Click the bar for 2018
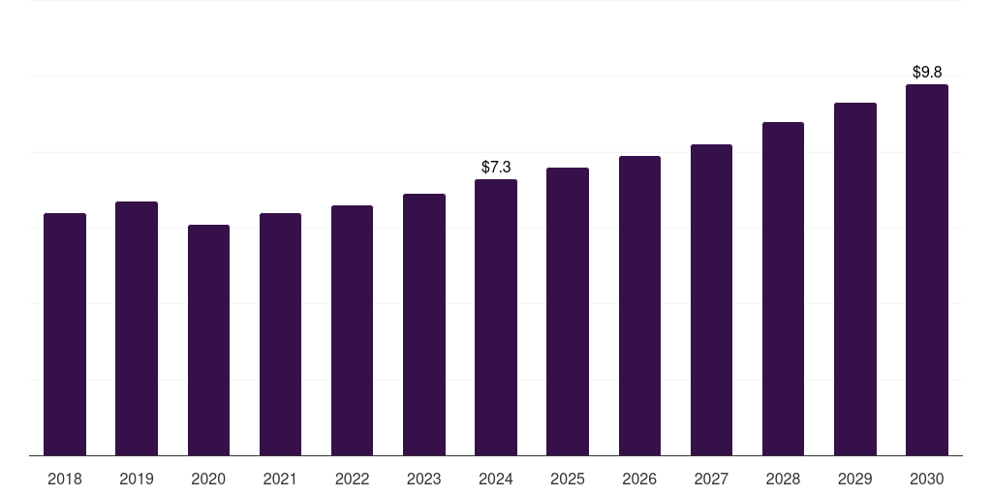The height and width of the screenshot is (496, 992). [65, 334]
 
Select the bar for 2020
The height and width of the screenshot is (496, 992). [208, 340]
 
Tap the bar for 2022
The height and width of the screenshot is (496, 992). [352, 330]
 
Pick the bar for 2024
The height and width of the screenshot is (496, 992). [496, 317]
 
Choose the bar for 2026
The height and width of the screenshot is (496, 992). [639, 305]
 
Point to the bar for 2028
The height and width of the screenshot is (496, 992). [783, 289]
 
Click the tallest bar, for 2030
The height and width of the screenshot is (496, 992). [926, 269]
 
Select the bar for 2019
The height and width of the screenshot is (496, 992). [137, 328]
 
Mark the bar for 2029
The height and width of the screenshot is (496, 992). [854, 279]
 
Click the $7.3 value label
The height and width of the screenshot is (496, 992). [496, 168]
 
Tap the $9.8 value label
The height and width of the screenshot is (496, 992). [926, 73]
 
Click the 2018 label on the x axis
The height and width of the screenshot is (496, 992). [65, 480]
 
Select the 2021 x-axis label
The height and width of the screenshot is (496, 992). [280, 480]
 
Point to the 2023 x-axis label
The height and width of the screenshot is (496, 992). [423, 480]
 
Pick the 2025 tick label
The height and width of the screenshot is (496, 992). [568, 480]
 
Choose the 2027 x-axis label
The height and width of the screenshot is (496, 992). [711, 480]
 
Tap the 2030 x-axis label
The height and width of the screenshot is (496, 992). [926, 480]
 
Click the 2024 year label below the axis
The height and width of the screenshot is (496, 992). [496, 480]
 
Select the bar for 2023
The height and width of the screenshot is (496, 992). [423, 325]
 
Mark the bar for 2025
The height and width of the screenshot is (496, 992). [568, 311]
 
